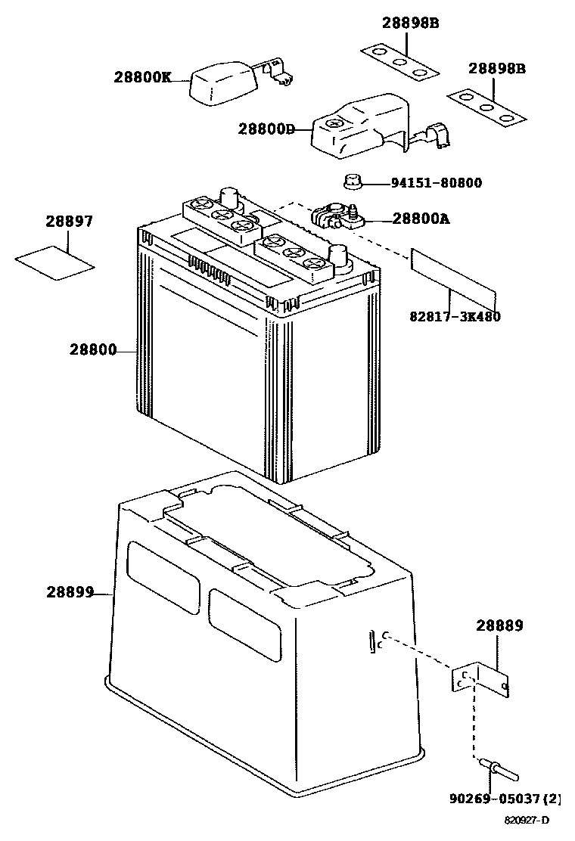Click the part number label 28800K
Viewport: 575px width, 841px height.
143,76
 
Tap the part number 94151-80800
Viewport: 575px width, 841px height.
436,183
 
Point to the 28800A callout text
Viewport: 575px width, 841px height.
421,219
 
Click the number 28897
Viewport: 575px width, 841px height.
68,222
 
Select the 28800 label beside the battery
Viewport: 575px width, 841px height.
93,350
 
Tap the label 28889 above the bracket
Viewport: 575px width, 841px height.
499,626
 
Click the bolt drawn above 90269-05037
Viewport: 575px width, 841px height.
499,771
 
